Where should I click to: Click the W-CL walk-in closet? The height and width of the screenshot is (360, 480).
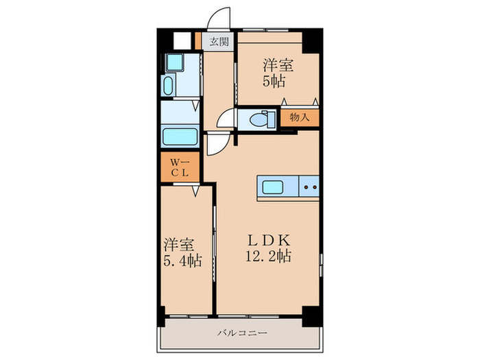click(180, 168)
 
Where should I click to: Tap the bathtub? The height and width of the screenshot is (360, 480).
click(180, 135)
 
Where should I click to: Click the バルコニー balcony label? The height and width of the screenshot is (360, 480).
click(242, 333)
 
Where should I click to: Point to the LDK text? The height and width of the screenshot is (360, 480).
click(270, 241)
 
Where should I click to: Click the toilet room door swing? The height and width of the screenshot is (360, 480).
click(225, 121)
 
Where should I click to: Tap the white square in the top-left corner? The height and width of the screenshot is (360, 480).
click(182, 40)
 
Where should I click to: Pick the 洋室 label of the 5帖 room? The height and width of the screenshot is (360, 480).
click(278, 66)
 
